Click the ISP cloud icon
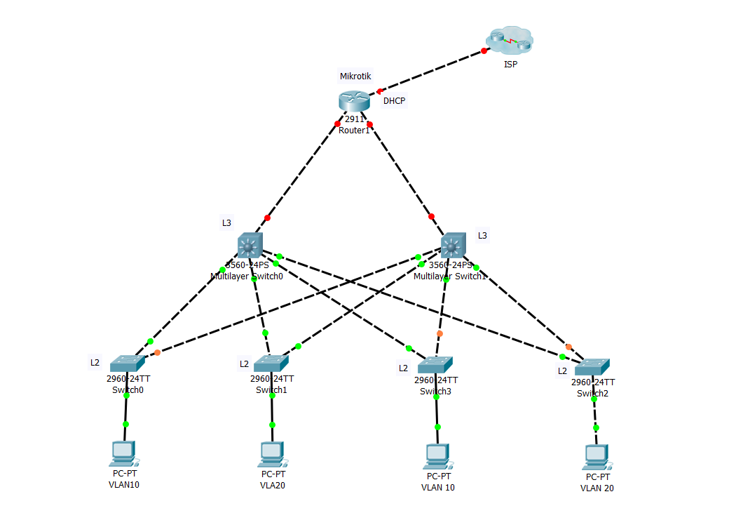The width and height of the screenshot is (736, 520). (x=510, y=41)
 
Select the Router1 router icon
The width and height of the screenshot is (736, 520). (x=354, y=101)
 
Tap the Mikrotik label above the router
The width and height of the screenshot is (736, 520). (x=355, y=76)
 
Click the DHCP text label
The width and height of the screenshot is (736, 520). (x=394, y=101)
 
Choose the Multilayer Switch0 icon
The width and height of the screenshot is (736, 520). (x=250, y=246)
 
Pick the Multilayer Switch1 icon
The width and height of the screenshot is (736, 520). (x=454, y=246)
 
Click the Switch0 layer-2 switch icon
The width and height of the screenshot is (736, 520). (x=127, y=363)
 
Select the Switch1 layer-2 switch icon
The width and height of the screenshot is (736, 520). (x=271, y=363)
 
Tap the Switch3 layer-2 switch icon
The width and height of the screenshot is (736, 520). (x=435, y=365)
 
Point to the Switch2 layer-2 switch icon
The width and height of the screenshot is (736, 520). (x=592, y=366)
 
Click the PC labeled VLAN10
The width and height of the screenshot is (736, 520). (x=123, y=453)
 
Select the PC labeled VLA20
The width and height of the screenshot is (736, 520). (x=271, y=454)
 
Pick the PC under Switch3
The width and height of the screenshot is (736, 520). (x=437, y=456)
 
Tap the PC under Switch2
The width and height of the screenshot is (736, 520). (x=596, y=457)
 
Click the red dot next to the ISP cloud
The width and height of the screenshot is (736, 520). (x=484, y=51)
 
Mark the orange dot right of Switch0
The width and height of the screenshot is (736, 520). (x=157, y=352)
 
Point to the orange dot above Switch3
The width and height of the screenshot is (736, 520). (x=439, y=333)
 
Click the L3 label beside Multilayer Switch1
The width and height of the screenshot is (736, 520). (x=482, y=236)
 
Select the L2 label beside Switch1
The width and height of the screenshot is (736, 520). (x=244, y=364)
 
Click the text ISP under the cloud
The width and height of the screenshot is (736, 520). (x=510, y=65)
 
